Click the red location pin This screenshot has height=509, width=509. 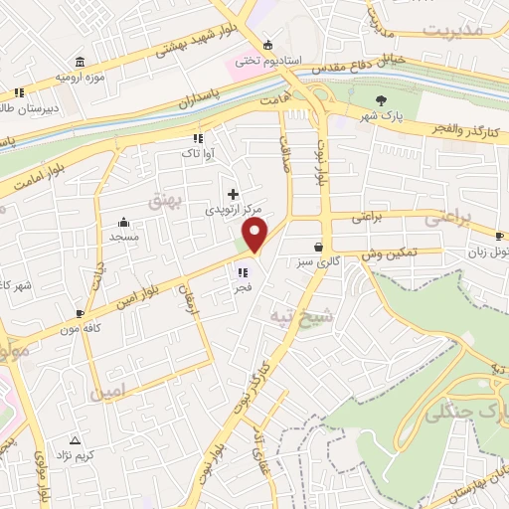pos(255,236)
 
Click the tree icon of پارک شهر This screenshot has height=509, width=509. pos(381,99)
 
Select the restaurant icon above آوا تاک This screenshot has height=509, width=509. pos(197,138)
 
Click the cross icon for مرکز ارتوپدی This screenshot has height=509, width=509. pos(233,194)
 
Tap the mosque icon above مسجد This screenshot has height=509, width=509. pos(124,223)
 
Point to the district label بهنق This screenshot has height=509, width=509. pos(164,201)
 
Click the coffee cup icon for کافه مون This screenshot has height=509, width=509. pos(80,313)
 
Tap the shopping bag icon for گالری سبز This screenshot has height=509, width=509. pos(318,248)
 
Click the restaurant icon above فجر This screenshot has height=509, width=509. pos(241,270)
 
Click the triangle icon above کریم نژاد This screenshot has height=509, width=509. pos(74,439)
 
